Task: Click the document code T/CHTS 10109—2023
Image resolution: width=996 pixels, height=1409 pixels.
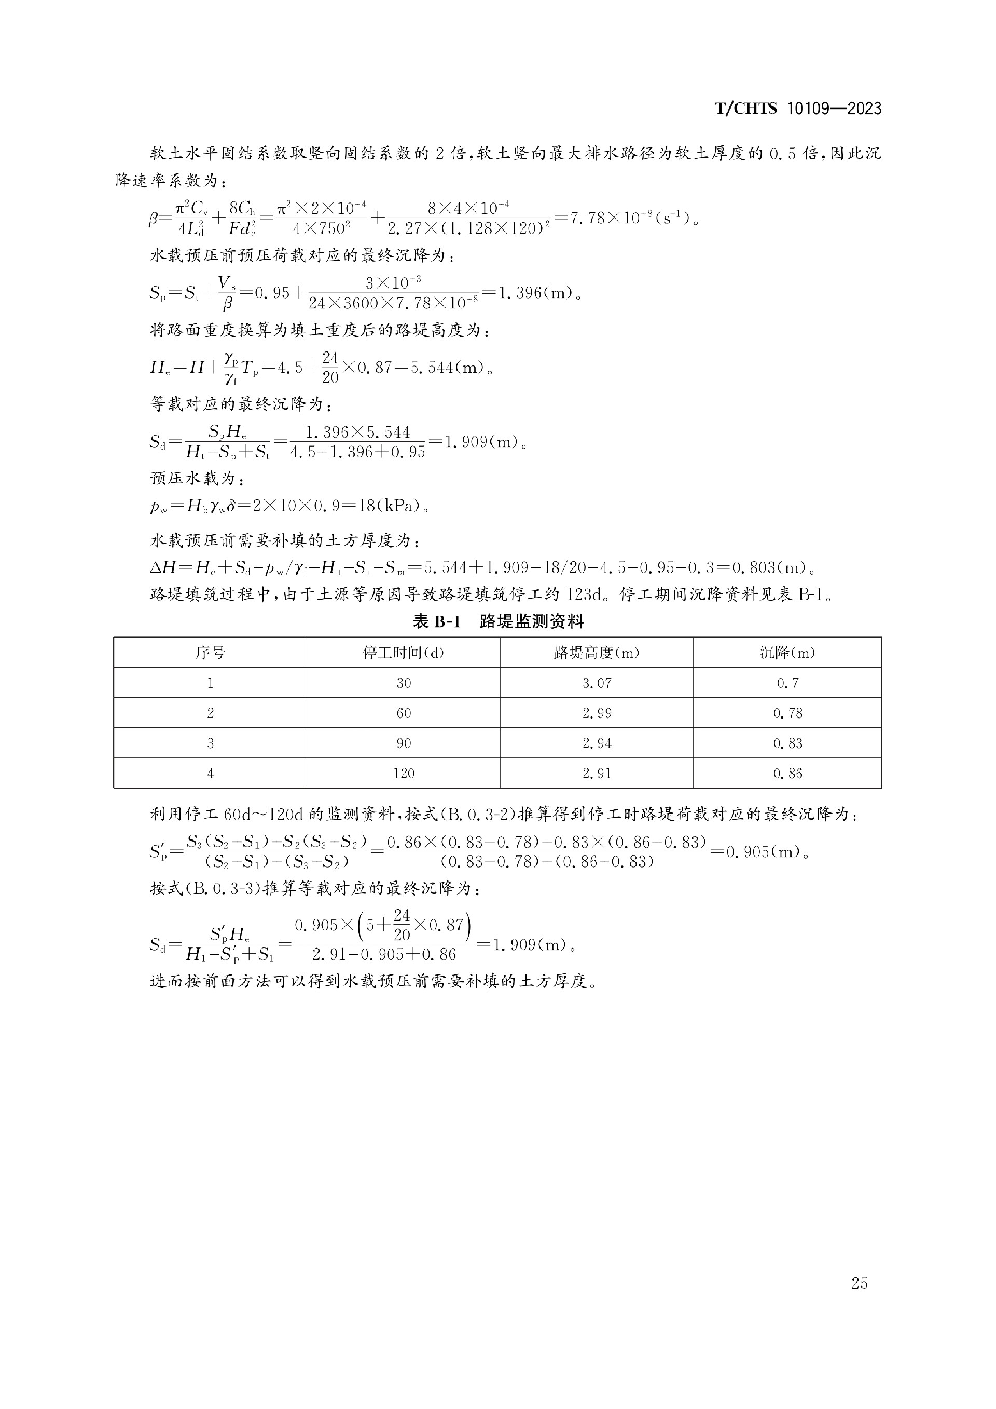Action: click(x=798, y=109)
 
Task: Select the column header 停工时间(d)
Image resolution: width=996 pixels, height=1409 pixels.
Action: click(x=403, y=653)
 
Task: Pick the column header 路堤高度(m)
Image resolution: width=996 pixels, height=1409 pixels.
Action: click(x=596, y=653)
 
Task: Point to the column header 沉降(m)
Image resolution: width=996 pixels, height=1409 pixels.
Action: click(x=787, y=653)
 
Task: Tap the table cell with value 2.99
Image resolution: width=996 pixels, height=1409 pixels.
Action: click(x=596, y=713)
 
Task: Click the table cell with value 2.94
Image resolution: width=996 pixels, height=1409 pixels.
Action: click(x=596, y=743)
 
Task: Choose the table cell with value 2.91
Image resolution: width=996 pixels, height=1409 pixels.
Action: click(x=596, y=773)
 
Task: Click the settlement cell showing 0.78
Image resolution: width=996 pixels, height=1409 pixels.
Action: click(x=787, y=713)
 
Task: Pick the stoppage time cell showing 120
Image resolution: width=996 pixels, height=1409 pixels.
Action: click(x=404, y=773)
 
